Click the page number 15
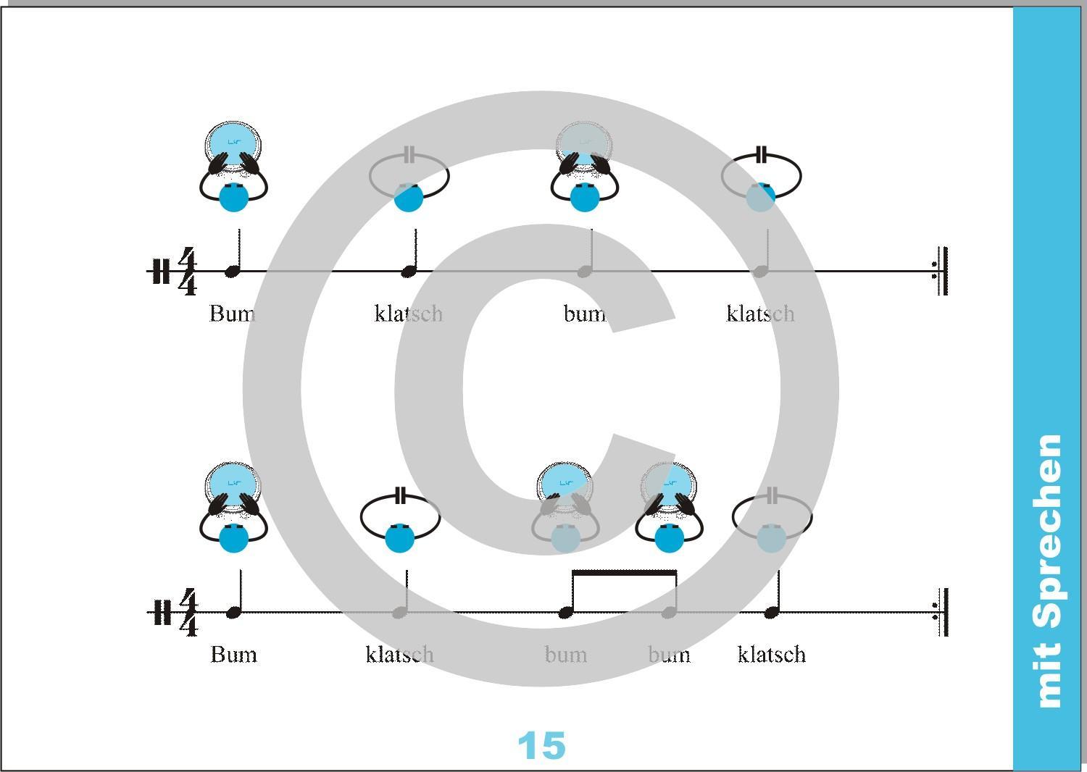pyautogui.click(x=541, y=745)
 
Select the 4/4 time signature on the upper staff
pyautogui.click(x=187, y=272)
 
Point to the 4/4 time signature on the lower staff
pyautogui.click(x=187, y=613)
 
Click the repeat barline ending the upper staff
pyautogui.click(x=941, y=271)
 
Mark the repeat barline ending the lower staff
pyautogui.click(x=941, y=612)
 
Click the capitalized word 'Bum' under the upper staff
pyautogui.click(x=232, y=314)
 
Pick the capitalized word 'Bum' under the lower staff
pyautogui.click(x=233, y=655)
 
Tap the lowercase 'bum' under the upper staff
pyautogui.click(x=584, y=314)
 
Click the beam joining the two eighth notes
pyautogui.click(x=624, y=574)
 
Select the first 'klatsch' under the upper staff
pyautogui.click(x=408, y=314)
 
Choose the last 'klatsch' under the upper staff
pyautogui.click(x=760, y=314)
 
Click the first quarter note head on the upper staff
pyautogui.click(x=232, y=272)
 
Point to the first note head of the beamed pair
pyautogui.click(x=565, y=613)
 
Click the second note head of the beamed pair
pyautogui.click(x=669, y=613)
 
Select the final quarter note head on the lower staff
pyautogui.click(x=771, y=613)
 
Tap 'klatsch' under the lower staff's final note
pyautogui.click(x=771, y=655)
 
